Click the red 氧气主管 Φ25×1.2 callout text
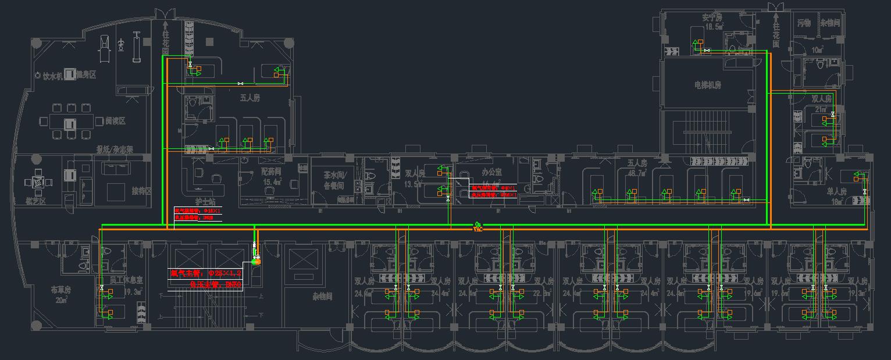(x=205, y=273)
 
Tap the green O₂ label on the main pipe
(x=478, y=224)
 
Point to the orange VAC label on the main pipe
(x=478, y=230)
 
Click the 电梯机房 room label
(x=708, y=85)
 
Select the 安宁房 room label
(x=712, y=18)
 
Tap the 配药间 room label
(x=271, y=172)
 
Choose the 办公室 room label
(x=492, y=172)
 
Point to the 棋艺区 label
(x=36, y=201)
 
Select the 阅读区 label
(x=115, y=121)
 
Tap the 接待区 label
(x=141, y=191)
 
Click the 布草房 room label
(x=60, y=289)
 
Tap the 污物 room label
(x=804, y=23)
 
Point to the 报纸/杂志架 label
(x=115, y=149)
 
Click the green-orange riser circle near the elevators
(x=255, y=261)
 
